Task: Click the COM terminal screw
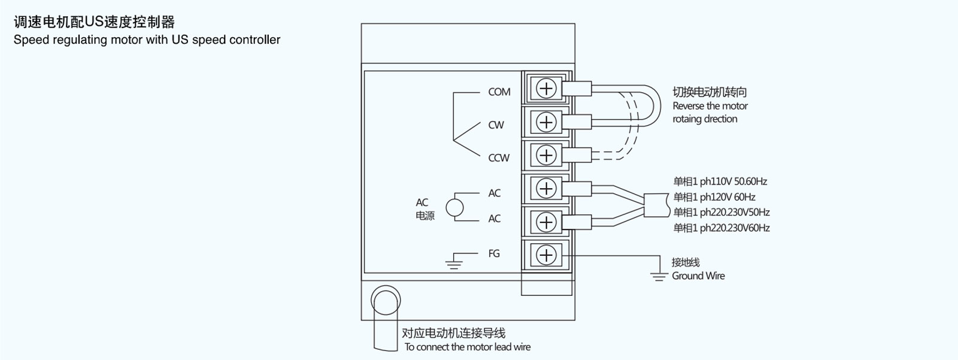(546, 89)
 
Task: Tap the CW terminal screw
(546, 122)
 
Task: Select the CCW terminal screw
(546, 155)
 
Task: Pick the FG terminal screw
(546, 255)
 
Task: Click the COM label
(499, 92)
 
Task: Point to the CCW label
(499, 158)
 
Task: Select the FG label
(494, 253)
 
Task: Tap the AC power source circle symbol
(454, 207)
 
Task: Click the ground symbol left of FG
(454, 262)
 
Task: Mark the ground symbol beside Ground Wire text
(659, 276)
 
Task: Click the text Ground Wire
(698, 276)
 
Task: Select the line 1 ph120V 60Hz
(714, 197)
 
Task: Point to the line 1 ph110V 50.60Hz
(720, 181)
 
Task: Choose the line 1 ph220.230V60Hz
(721, 228)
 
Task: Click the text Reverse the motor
(710, 106)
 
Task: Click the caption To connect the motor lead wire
(468, 347)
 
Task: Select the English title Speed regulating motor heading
(147, 40)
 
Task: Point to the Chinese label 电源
(425, 216)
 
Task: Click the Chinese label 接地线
(686, 262)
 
